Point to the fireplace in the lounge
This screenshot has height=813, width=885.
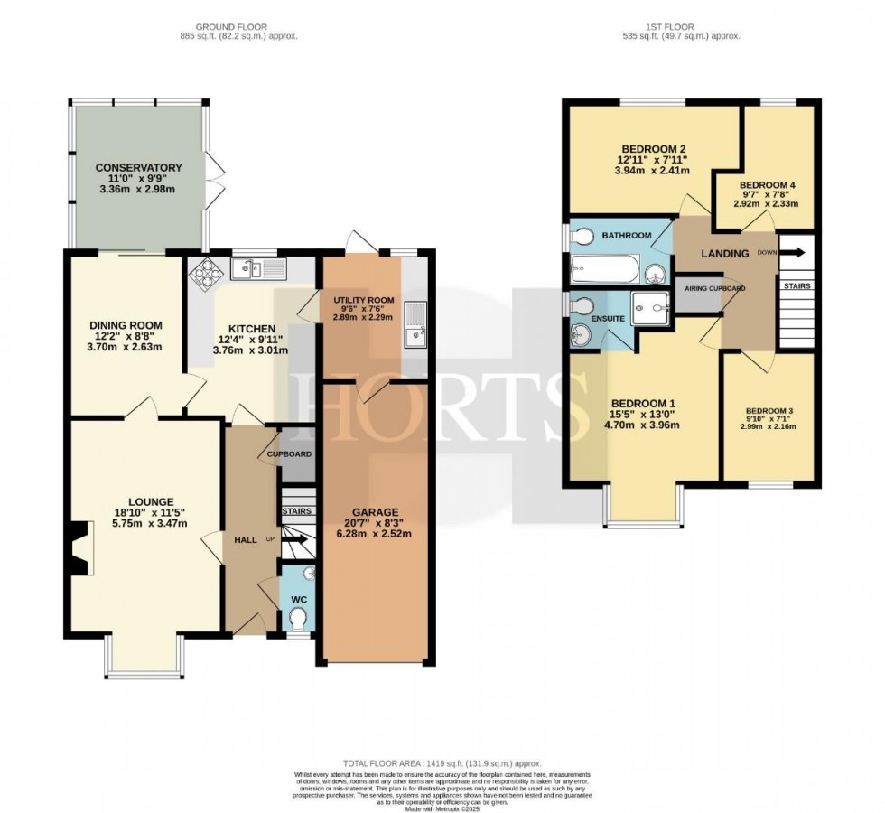[79, 548]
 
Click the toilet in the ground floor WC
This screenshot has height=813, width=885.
[298, 616]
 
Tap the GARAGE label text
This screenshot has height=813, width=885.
[374, 512]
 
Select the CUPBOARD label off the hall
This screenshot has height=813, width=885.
[289, 453]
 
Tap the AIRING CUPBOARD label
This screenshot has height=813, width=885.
[713, 288]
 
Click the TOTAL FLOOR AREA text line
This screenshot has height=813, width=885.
[442, 763]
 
